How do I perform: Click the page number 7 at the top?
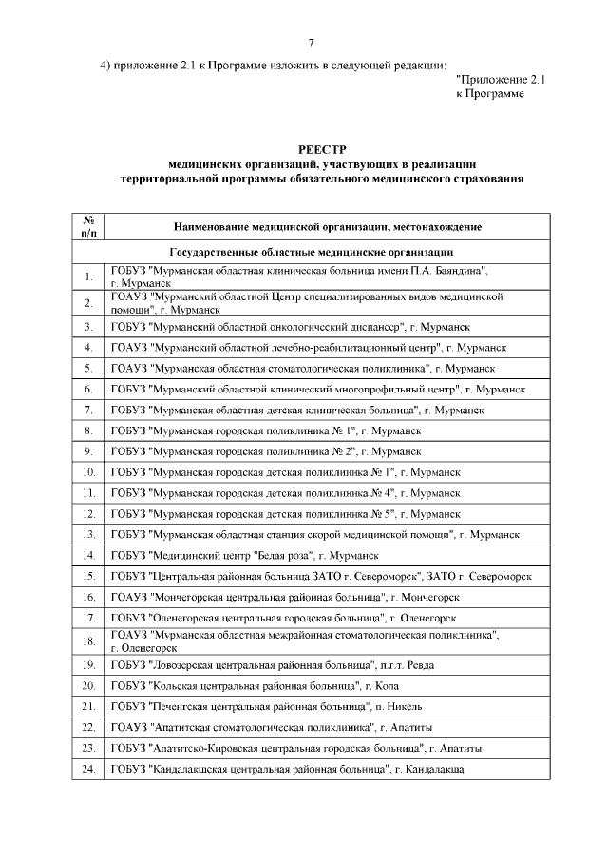pos(311,43)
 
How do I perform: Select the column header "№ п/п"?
pos(88,226)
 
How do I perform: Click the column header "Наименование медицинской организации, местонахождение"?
pos(328,227)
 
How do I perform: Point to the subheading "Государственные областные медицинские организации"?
pos(311,253)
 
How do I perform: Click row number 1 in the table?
pos(88,277)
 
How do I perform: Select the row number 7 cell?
pos(88,410)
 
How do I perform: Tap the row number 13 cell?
pos(88,535)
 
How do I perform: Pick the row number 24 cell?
pos(88,770)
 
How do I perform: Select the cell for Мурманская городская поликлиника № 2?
pos(266,451)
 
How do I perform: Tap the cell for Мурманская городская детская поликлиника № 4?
pos(285,493)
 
